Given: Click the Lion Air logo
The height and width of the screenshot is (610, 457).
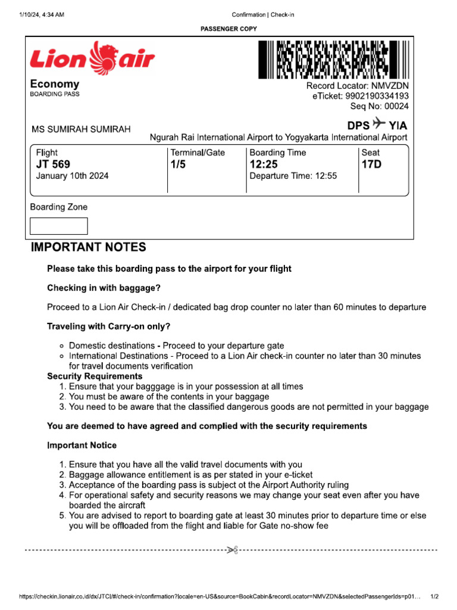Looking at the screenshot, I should pyautogui.click(x=92, y=58).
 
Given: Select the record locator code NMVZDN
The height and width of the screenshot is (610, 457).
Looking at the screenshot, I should pyautogui.click(x=390, y=86).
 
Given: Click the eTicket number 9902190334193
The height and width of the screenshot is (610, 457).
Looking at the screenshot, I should pyautogui.click(x=378, y=96).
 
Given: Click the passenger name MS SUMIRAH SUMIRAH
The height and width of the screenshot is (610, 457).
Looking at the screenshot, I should pyautogui.click(x=81, y=130).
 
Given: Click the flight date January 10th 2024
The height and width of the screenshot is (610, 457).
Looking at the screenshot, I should pyautogui.click(x=72, y=176).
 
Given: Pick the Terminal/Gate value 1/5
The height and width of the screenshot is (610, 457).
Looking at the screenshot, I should pyautogui.click(x=178, y=164).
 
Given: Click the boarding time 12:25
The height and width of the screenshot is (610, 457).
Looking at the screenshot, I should pyautogui.click(x=263, y=164).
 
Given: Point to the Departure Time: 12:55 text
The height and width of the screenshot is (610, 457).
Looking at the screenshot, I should pyautogui.click(x=293, y=176).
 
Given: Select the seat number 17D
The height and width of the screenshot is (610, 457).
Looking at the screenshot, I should pyautogui.click(x=371, y=164).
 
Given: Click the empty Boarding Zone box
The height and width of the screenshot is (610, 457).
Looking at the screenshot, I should pyautogui.click(x=59, y=226).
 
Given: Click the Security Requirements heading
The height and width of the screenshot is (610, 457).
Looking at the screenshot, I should pyautogui.click(x=95, y=376).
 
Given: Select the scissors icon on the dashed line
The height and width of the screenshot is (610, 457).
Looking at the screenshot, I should pyautogui.click(x=232, y=550).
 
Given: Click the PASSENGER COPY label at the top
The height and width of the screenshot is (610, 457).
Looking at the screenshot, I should pyautogui.click(x=228, y=28).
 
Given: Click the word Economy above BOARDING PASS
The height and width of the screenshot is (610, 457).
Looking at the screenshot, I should pyautogui.click(x=55, y=84).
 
